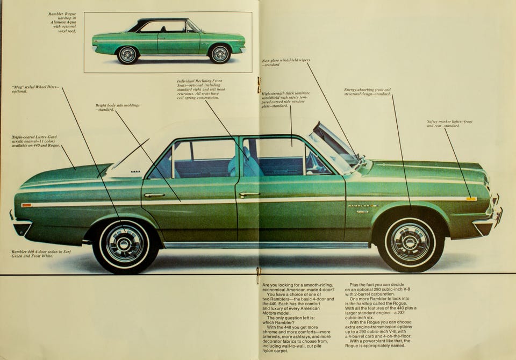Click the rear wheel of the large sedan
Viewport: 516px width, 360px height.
coord(125,244)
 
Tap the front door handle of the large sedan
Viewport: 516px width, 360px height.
coord(249,194)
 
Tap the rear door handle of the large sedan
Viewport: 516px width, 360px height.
coord(154,195)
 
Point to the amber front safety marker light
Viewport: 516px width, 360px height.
coord(471,199)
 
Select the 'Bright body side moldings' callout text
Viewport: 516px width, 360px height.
coord(118,107)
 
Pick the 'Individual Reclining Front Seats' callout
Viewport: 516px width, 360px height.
coord(201,89)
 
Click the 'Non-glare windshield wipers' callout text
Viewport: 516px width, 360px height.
coord(285,62)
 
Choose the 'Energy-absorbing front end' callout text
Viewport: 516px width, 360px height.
coord(368,92)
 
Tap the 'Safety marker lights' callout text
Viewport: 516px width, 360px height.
coord(449,123)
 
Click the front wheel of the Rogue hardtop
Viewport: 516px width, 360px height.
coord(220,54)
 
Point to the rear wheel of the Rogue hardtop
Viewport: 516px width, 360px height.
coord(128,54)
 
